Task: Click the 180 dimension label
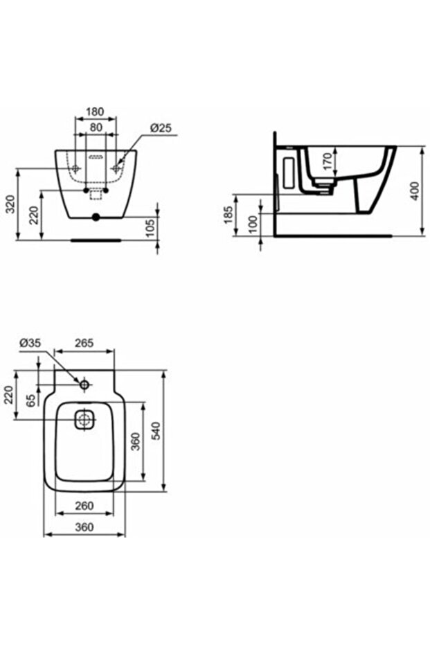tap(95, 112)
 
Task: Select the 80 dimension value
tap(96, 127)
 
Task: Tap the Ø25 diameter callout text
tap(161, 128)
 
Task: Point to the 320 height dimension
tap(11, 204)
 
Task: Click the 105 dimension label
tap(150, 229)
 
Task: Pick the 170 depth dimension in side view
tap(327, 161)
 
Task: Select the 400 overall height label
tap(415, 191)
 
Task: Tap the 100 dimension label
tap(253, 224)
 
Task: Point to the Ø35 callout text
tap(30, 343)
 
